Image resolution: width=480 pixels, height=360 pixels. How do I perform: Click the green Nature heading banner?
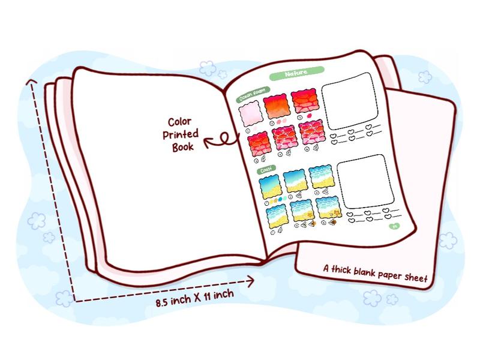coord(296,73)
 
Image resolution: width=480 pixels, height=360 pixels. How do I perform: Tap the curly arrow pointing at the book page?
coord(220,140)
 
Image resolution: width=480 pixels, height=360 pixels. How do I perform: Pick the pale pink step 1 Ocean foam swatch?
coord(249,114)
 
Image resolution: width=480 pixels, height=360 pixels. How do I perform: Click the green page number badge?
coord(394,226)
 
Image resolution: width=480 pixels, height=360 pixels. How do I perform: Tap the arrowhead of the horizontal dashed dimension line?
coord(251,279)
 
